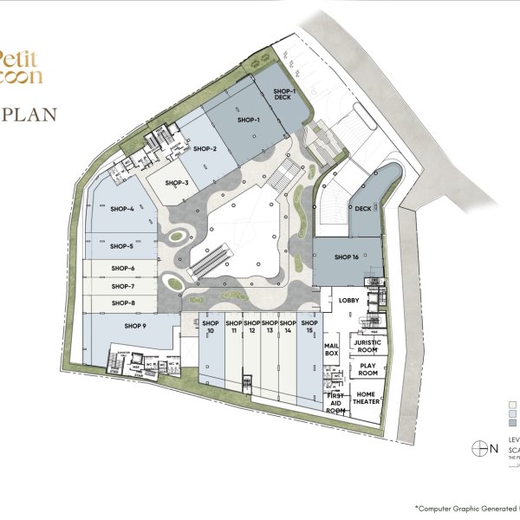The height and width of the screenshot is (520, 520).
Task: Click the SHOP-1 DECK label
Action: click(x=284, y=94)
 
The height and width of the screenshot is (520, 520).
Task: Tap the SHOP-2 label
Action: click(x=205, y=149)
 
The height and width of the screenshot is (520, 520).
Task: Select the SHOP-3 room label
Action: click(x=178, y=183)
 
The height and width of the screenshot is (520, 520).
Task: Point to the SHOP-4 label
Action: click(x=122, y=209)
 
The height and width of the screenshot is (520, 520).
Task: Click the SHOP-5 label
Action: click(x=122, y=247)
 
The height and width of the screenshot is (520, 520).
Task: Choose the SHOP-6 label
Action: click(x=123, y=269)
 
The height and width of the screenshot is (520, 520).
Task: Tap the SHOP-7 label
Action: click(x=123, y=286)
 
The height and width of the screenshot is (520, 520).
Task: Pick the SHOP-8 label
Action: click(x=123, y=302)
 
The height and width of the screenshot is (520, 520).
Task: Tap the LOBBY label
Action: click(x=349, y=301)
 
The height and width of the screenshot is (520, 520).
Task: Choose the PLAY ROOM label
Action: click(x=367, y=370)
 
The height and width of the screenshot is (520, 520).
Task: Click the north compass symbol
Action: click(x=477, y=448)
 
